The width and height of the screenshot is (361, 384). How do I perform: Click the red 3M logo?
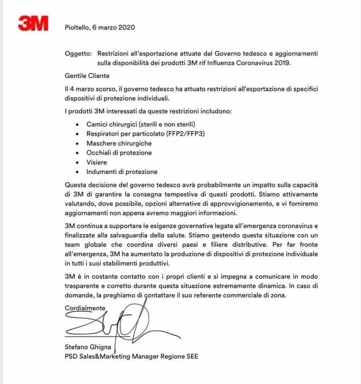33,24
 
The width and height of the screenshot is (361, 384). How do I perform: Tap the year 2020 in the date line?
127,28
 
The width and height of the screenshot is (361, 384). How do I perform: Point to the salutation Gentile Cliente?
87,75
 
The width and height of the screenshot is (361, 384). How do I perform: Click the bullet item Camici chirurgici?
112,124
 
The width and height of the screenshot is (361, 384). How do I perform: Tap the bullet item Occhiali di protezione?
119,153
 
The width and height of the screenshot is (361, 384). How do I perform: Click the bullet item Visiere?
96,162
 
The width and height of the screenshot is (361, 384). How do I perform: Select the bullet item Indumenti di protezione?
122,172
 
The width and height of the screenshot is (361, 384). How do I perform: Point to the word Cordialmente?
85,308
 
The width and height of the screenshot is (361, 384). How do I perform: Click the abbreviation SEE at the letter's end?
191,356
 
